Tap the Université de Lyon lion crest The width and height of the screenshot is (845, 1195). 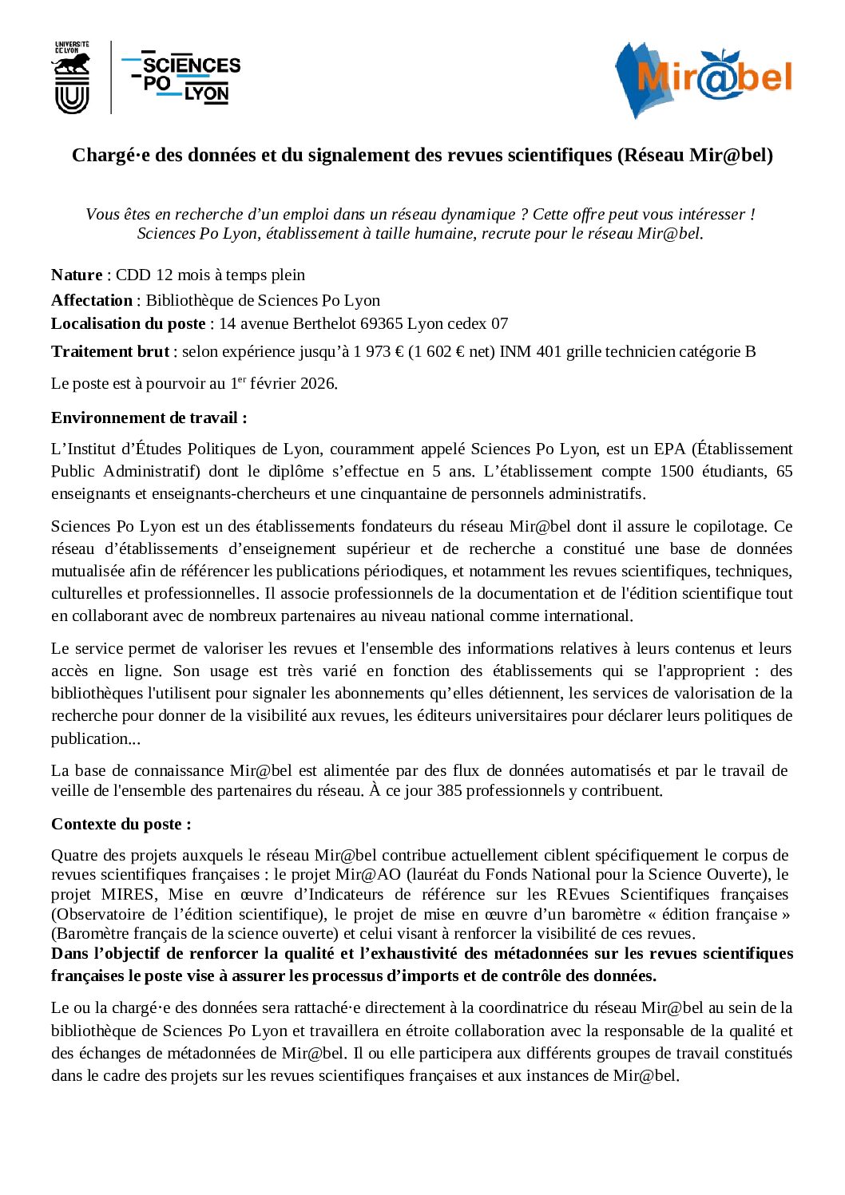pyautogui.click(x=71, y=78)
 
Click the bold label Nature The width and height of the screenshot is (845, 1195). pyautogui.click(x=77, y=275)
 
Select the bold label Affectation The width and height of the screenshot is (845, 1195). pyautogui.click(x=92, y=301)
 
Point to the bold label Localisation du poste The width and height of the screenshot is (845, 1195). pyautogui.click(x=128, y=324)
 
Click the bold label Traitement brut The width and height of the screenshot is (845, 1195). pyautogui.click(x=110, y=352)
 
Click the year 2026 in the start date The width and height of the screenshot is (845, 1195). pyautogui.click(x=318, y=384)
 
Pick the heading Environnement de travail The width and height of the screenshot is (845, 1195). pyautogui.click(x=149, y=418)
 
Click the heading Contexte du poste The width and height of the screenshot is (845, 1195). pyautogui.click(x=121, y=825)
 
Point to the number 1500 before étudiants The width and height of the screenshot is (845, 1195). pyautogui.click(x=676, y=472)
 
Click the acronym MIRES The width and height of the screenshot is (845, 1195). pyautogui.click(x=129, y=895)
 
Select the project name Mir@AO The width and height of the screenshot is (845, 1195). pyautogui.click(x=368, y=875)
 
